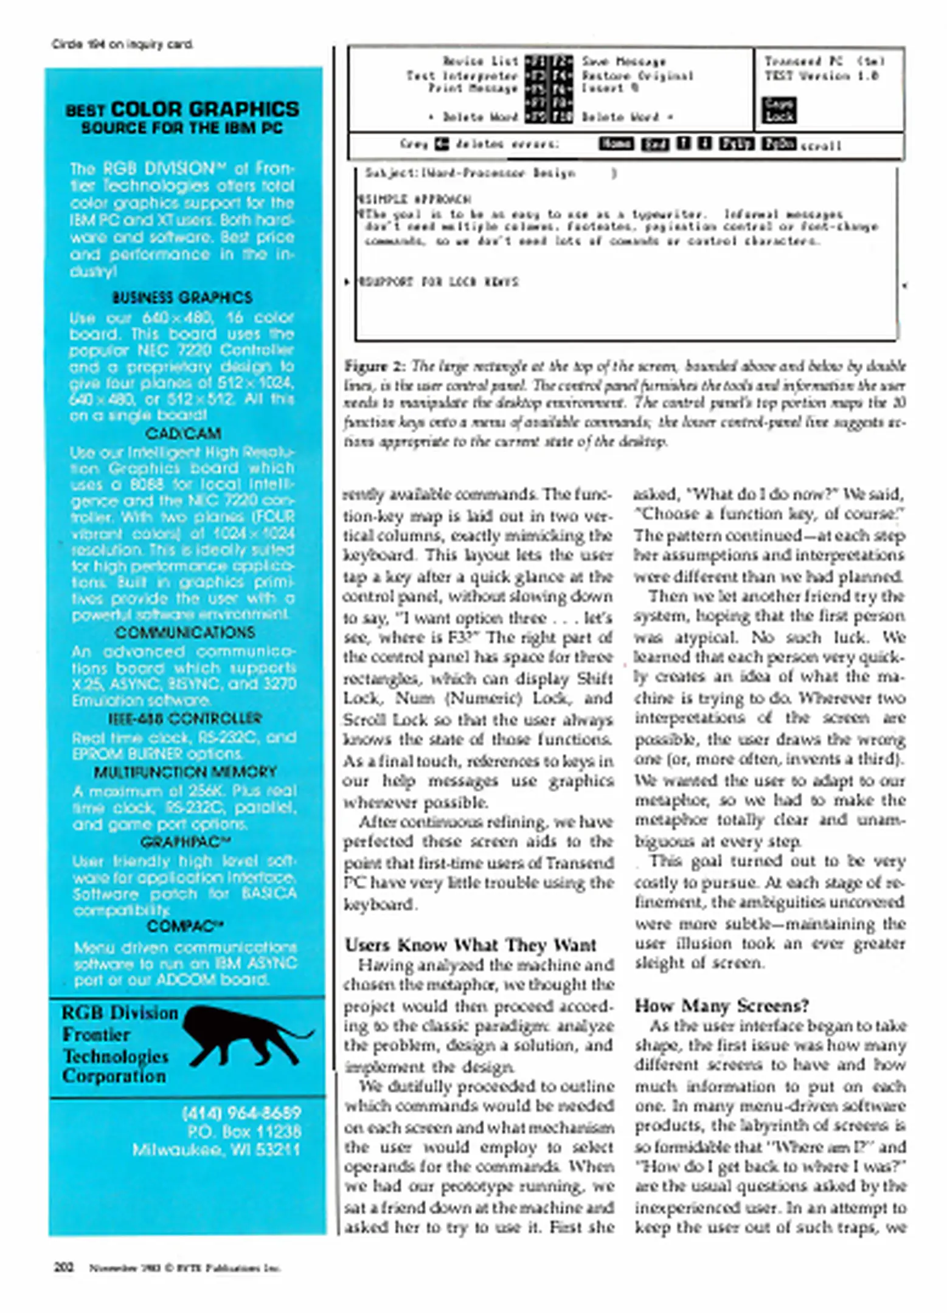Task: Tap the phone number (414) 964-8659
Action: [241, 1113]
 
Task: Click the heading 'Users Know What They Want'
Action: [470, 945]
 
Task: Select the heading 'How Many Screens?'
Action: [721, 1005]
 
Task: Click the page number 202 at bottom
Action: [63, 1267]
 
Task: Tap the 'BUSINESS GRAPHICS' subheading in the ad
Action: [182, 298]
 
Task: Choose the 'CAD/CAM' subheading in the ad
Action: [183, 433]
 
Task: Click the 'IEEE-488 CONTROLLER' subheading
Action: [184, 719]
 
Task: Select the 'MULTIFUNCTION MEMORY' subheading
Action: [185, 772]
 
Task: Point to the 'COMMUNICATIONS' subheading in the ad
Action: [184, 633]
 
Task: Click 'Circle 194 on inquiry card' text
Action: [122, 44]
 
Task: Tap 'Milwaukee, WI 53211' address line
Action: [216, 1149]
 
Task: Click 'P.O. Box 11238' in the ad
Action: [244, 1131]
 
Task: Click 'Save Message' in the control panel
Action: [623, 61]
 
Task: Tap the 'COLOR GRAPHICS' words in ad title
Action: [205, 109]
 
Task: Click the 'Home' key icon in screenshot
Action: [616, 144]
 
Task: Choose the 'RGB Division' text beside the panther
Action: [120, 1013]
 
